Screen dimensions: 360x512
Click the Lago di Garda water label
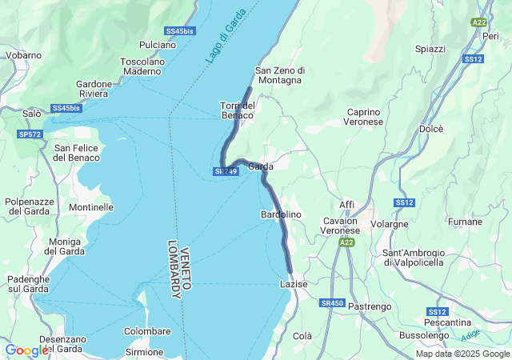225,42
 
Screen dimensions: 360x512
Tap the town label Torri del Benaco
237,110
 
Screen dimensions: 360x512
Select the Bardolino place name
281,214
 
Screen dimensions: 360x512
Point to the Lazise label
294,284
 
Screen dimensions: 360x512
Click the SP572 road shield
30,134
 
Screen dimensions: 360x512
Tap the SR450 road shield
331,303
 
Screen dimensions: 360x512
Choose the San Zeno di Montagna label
278,75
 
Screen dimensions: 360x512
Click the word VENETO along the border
186,258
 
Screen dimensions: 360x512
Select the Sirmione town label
145,351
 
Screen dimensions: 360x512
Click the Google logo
26,350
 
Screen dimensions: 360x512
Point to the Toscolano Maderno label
142,66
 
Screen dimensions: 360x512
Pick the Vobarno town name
23,55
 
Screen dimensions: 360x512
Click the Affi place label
346,205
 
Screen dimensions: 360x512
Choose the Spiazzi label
430,49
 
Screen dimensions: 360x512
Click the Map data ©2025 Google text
462,354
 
